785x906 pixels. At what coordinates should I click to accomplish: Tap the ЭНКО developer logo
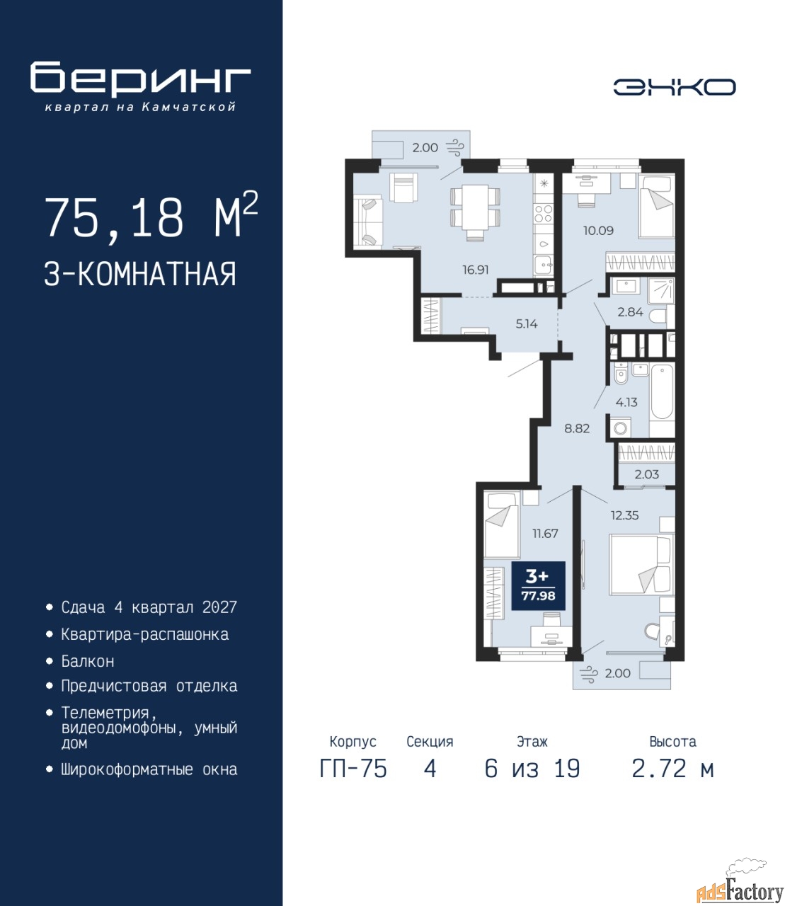click(674, 87)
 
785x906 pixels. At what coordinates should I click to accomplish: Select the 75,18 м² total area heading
click(151, 218)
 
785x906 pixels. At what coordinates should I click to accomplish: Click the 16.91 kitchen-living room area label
click(476, 270)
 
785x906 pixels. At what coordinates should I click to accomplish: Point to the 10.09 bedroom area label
click(598, 230)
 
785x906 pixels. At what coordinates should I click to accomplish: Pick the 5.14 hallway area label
click(527, 324)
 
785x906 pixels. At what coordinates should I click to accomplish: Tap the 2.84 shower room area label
click(630, 312)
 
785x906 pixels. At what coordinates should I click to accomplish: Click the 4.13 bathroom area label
click(626, 401)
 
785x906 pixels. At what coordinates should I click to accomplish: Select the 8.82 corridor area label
click(577, 428)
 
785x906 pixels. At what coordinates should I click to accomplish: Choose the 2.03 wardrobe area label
click(647, 474)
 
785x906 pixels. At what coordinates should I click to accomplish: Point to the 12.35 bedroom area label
click(624, 515)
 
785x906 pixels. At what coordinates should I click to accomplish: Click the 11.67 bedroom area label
click(545, 533)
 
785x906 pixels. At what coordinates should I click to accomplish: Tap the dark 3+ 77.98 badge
click(538, 585)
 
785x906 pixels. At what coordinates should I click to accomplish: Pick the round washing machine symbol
click(620, 428)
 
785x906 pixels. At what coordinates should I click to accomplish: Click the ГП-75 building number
click(353, 769)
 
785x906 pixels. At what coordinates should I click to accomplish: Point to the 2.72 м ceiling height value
click(672, 769)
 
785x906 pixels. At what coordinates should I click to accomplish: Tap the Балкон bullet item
click(88, 661)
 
